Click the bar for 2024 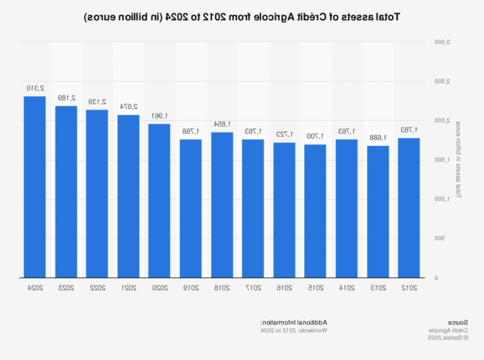pos(35,187)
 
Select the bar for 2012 pos(409,207)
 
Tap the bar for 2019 pos(190,208)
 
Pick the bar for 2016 pos(284,210)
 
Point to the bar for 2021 pos(129,196)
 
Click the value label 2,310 pos(35,88)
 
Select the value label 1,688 pos(377,137)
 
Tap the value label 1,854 pos(222,124)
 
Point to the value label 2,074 pos(128,107)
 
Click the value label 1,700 pos(315,136)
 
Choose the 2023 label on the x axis pos(66,287)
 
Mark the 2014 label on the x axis pos(347,287)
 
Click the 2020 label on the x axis pos(159,287)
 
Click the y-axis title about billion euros pos(458,160)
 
